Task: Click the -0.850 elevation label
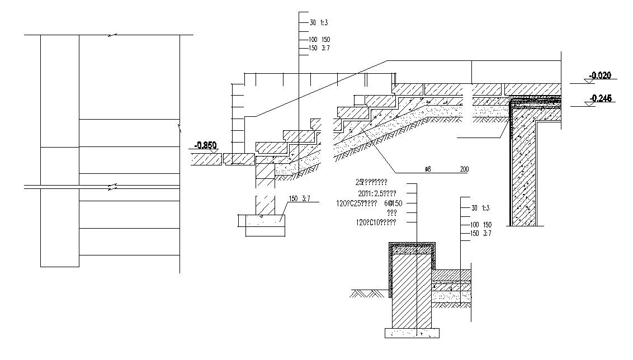205,145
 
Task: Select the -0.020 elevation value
599,75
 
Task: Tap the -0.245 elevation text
600,98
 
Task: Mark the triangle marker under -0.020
587,81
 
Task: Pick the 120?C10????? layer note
376,222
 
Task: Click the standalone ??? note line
391,213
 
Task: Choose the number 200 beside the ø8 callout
464,168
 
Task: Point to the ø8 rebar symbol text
428,168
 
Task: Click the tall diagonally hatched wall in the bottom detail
413,291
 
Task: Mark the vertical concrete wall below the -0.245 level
523,168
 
